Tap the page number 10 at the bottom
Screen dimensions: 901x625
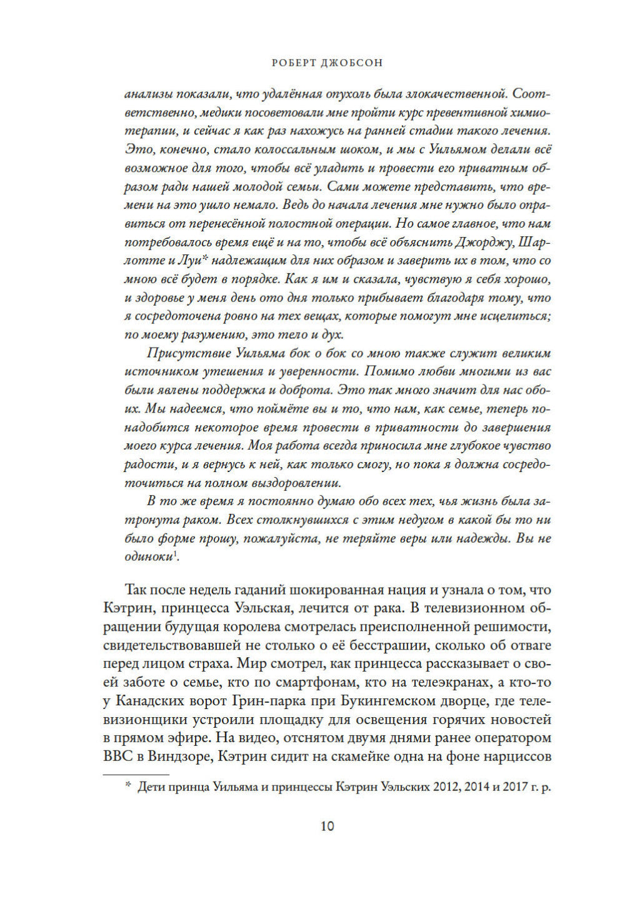tap(327, 826)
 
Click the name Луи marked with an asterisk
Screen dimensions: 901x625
tap(187, 261)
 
